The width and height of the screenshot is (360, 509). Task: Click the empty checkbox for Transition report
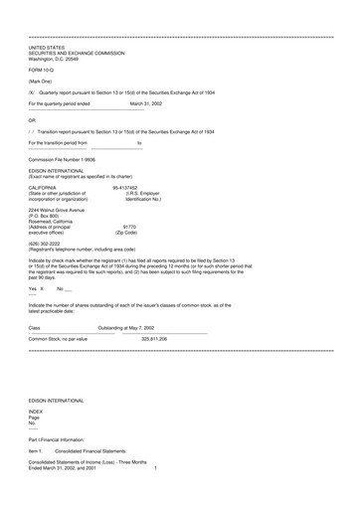[x=33, y=131]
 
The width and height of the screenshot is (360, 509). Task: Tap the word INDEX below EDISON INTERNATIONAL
[x=36, y=438]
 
